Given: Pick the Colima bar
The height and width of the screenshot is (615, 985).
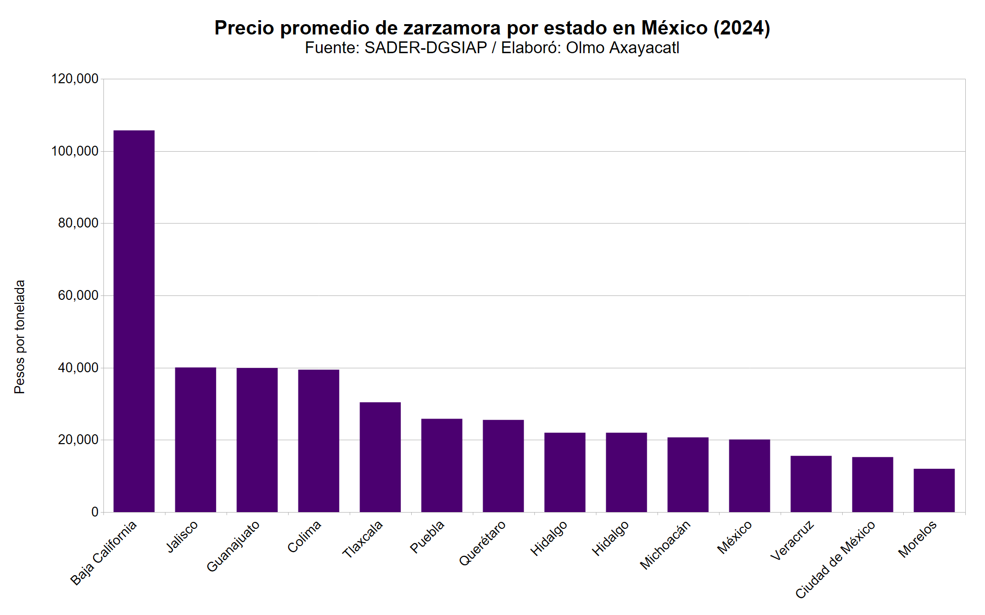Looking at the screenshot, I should point(319,441).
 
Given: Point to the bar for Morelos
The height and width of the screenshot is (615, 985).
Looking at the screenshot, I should point(934,490).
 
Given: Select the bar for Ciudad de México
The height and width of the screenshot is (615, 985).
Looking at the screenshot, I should point(873,485).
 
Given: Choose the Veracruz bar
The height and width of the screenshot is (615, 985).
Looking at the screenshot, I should point(811,484).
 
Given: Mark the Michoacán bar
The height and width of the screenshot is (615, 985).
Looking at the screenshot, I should point(688,475).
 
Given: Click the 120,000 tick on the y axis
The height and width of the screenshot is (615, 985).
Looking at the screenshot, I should point(75,79).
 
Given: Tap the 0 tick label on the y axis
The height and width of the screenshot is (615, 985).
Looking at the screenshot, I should point(95,512).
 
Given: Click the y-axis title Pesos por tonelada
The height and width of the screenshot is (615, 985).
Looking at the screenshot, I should point(20,337).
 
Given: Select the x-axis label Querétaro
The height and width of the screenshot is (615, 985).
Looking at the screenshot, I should point(483,543).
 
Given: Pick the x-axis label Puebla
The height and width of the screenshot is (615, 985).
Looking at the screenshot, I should point(427,537).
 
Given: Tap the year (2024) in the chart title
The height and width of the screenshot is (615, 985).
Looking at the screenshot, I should point(742,28).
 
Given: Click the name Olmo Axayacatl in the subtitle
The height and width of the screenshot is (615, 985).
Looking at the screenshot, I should point(623,48).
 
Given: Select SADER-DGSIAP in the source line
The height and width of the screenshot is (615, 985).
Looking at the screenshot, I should point(426,48).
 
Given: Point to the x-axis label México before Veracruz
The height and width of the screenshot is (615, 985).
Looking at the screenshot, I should point(735,537).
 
